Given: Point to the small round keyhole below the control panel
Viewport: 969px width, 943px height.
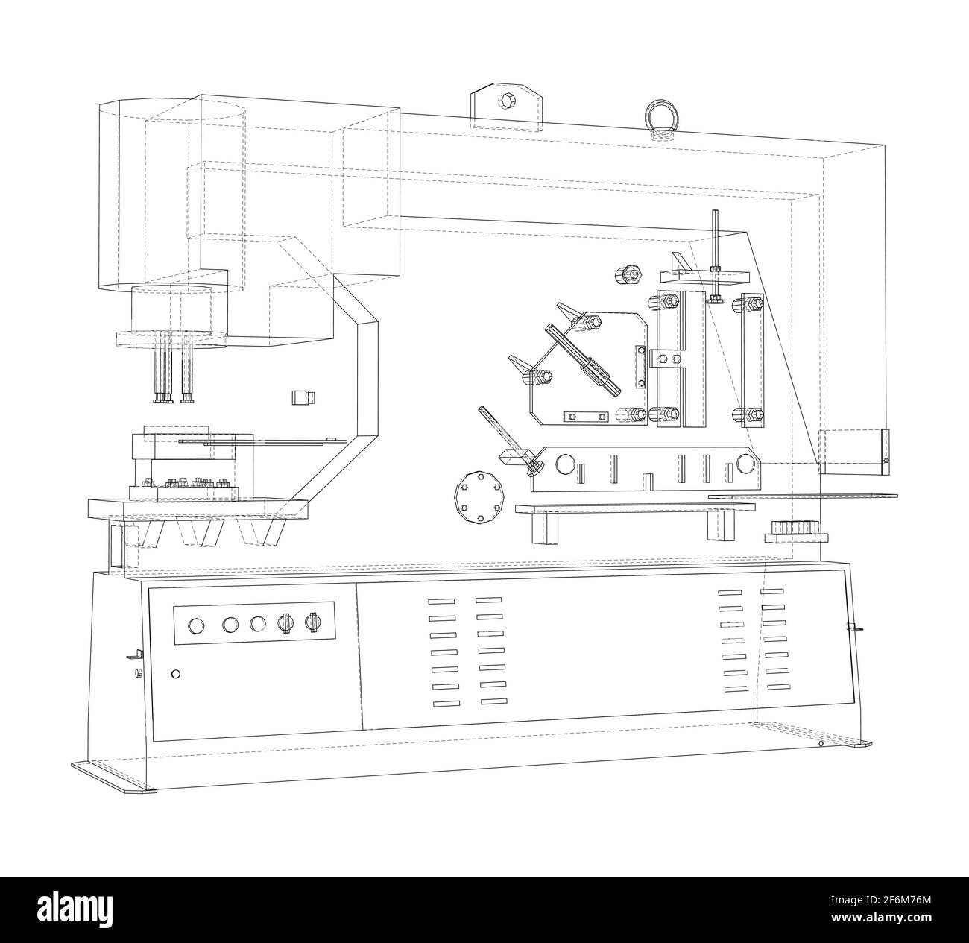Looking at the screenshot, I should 176,674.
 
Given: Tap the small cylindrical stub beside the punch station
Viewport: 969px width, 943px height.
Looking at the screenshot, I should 303,397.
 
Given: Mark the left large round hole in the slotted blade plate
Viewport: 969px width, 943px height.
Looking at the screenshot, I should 566,464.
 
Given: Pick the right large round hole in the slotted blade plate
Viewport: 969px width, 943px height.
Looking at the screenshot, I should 745,465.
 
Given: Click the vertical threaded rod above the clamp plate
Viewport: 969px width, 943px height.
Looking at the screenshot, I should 715,246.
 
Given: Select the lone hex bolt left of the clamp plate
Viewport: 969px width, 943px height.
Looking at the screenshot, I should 628,275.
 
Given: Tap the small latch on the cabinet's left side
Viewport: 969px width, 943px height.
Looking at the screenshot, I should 134,656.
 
